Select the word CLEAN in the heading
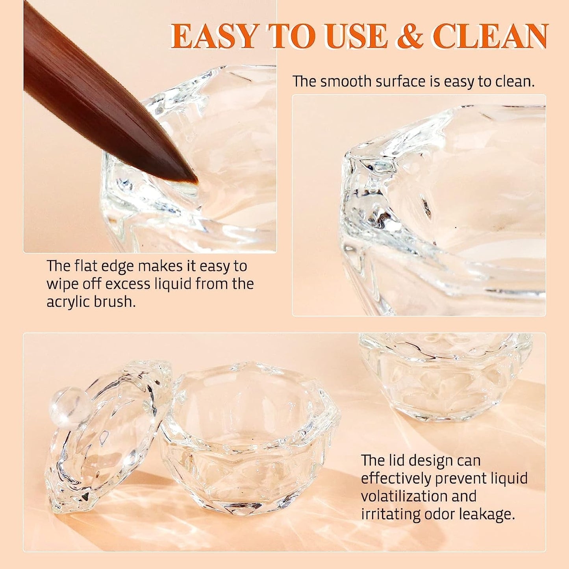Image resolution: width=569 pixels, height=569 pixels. click(490, 36)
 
